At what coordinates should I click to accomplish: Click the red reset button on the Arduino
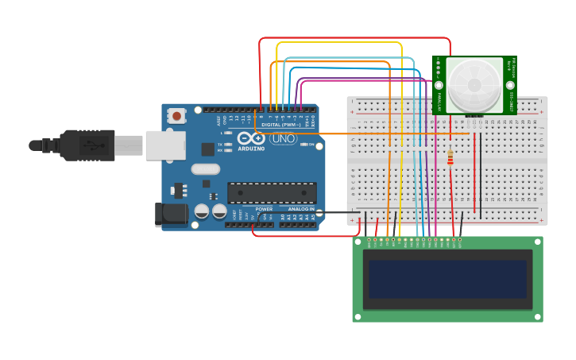point(176,117)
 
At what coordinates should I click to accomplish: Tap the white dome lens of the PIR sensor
point(474,85)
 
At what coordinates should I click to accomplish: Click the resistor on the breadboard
point(451,160)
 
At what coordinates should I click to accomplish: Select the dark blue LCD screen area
point(447,279)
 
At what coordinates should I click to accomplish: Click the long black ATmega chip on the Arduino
point(272,193)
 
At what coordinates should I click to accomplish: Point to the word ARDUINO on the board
point(252,148)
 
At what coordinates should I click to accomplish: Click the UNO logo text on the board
point(284,139)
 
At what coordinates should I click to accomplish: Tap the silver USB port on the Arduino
point(165,145)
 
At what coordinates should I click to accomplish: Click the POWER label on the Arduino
point(264,209)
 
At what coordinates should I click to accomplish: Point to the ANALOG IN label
point(301,209)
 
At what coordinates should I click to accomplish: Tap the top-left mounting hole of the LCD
point(358,242)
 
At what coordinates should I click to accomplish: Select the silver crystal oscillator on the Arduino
point(205,168)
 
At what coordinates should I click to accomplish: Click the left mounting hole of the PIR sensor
point(438,85)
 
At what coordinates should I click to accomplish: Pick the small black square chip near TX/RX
point(207,149)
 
